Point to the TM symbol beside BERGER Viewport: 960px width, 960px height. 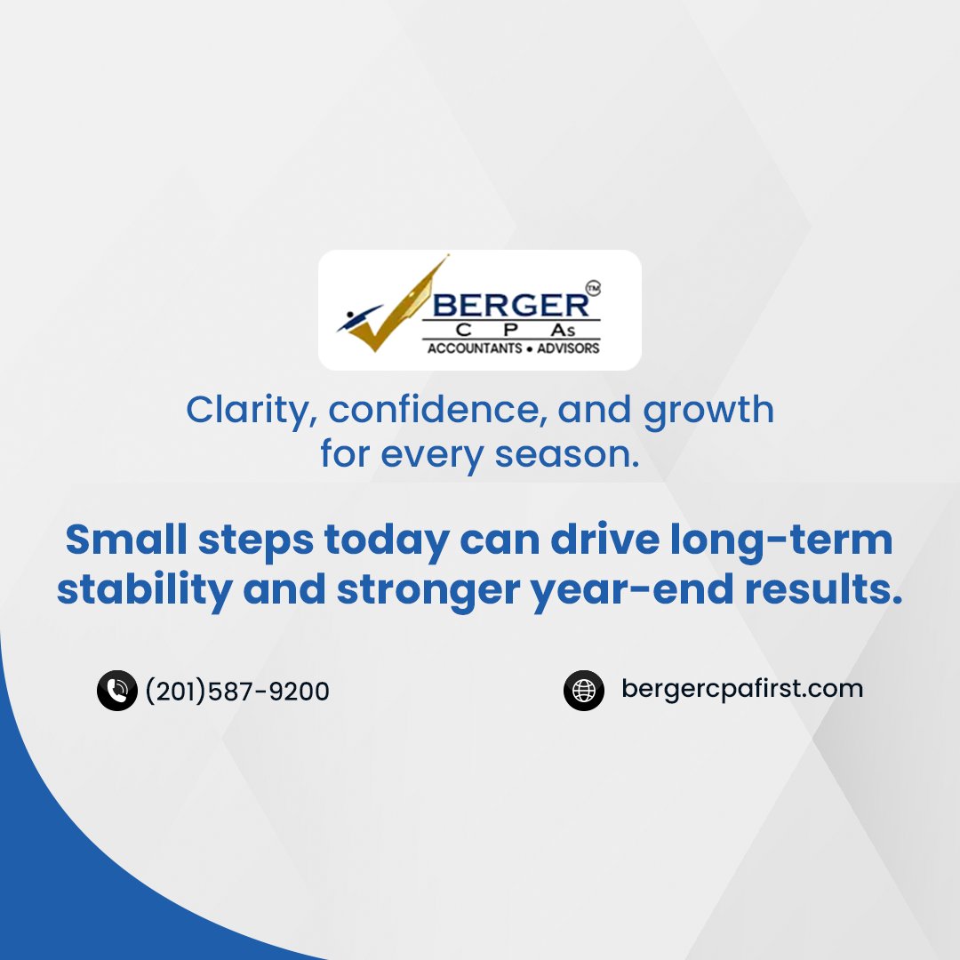click(x=595, y=288)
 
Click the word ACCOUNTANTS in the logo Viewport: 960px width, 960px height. click(x=474, y=348)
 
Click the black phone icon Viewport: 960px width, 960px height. click(x=116, y=691)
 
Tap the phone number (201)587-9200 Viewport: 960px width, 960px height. click(x=237, y=691)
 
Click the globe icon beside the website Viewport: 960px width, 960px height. click(x=584, y=690)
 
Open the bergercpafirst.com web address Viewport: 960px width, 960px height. click(x=742, y=689)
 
